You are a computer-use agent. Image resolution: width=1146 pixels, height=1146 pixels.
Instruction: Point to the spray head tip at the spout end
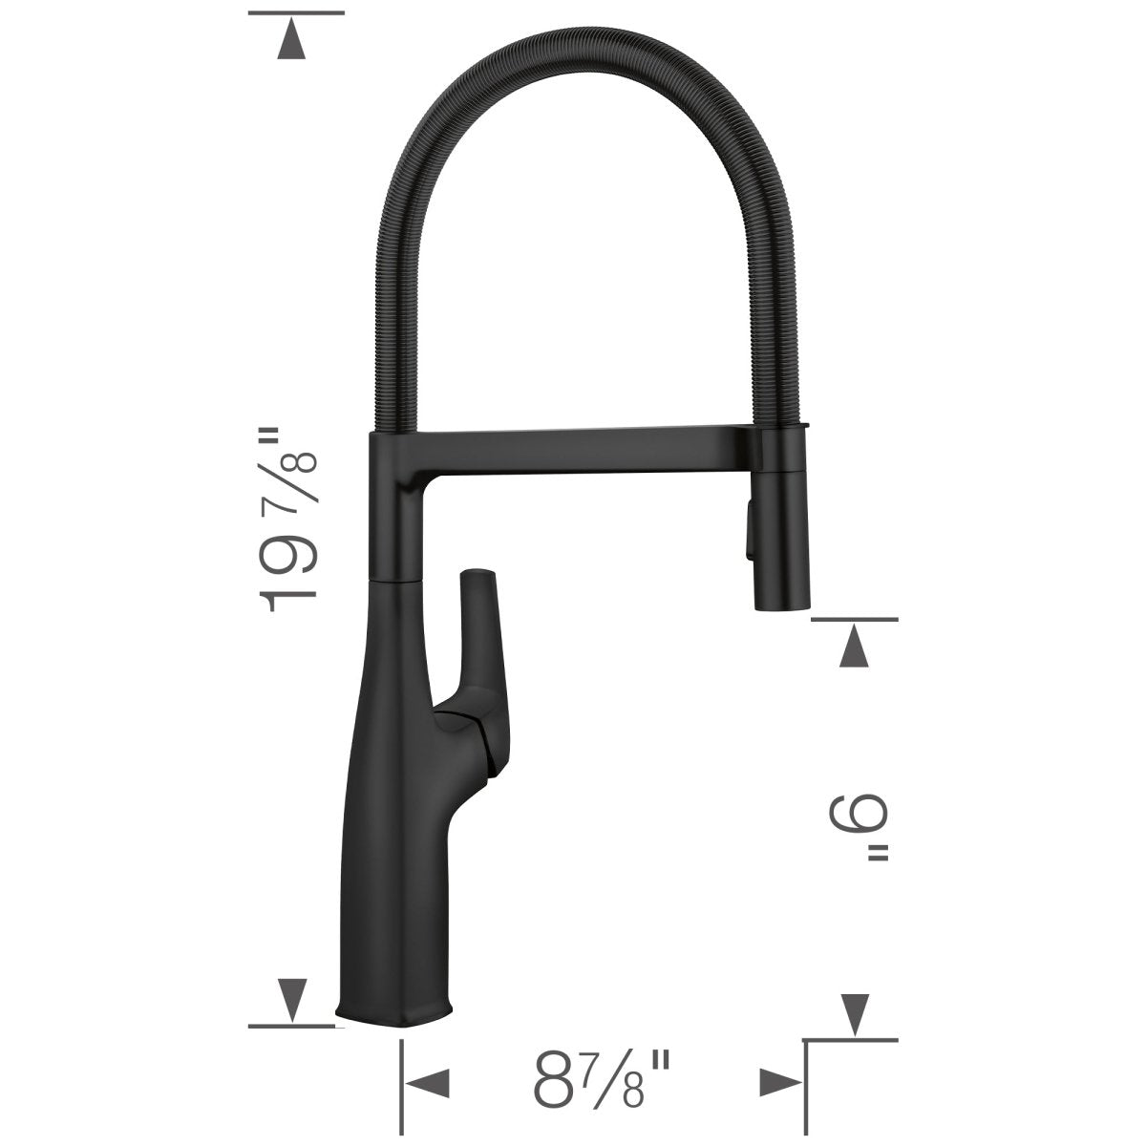pos(781,600)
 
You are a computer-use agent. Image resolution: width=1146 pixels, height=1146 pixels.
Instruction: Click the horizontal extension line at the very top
pos(295,12)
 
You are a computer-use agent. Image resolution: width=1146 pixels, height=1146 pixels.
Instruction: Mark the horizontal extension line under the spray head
pos(854,619)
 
